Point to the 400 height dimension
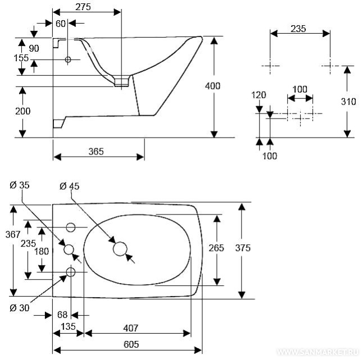pos(212,86)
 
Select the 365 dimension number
pos(99,151)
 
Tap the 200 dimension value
pos(22,111)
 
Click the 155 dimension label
pos(22,58)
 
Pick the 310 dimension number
pos(348,102)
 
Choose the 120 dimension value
pos(258,95)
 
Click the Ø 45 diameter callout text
pos(70,186)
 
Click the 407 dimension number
pos(131,327)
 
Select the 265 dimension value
pos(216,248)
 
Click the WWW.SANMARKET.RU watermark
pos(319,353)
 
